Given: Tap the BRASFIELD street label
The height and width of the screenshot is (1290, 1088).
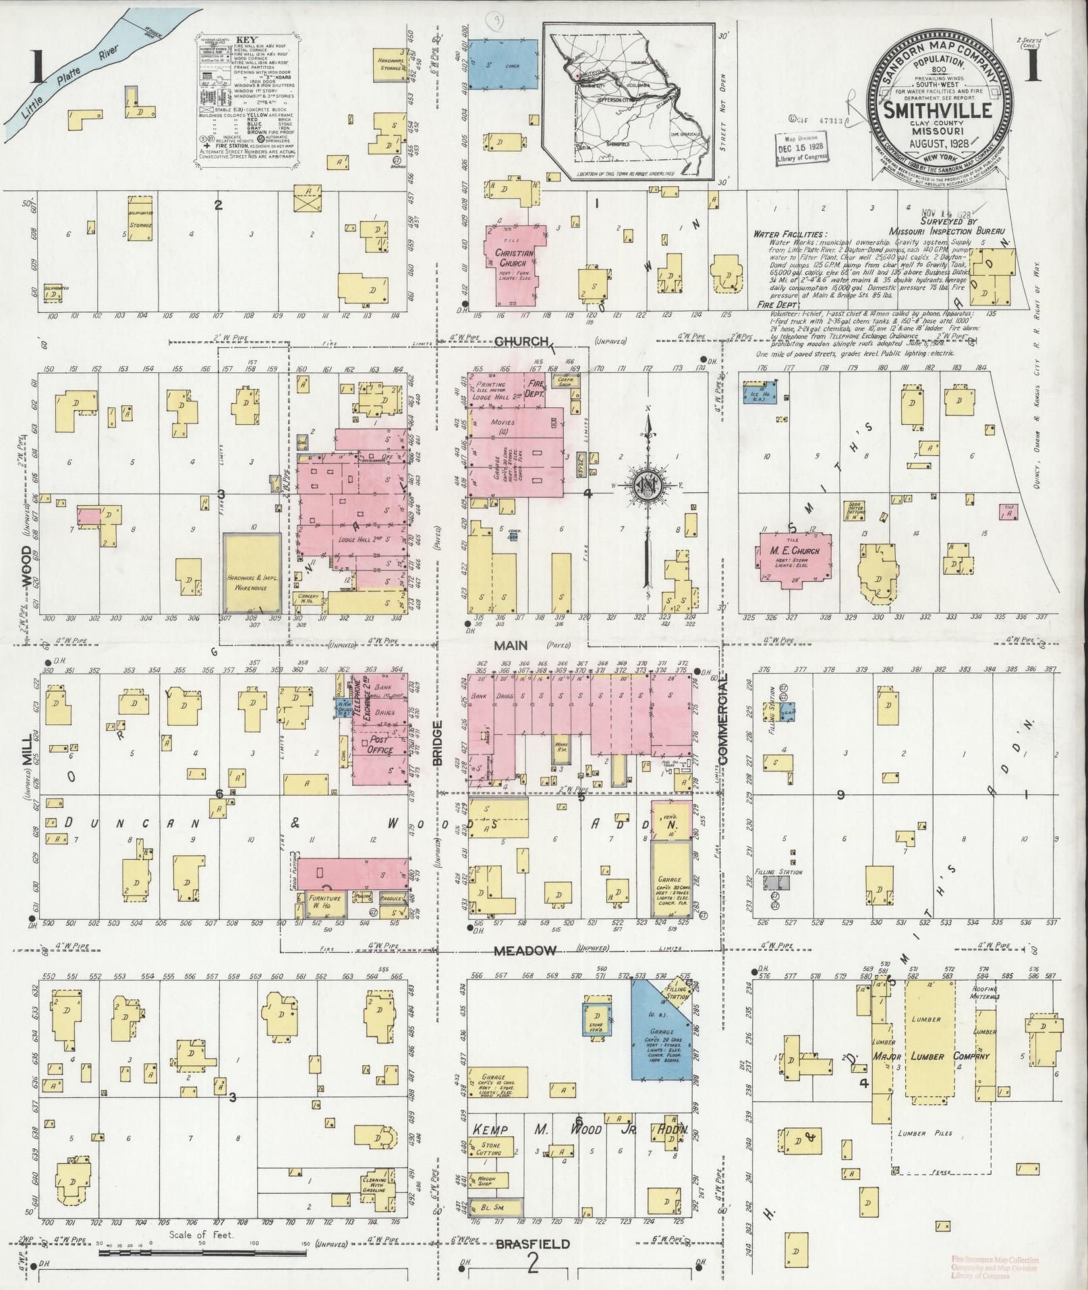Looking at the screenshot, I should pos(532,1244).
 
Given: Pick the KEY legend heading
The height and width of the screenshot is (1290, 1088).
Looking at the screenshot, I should pos(242,40).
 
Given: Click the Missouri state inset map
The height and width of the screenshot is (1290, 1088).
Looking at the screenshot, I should pos(629,101).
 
